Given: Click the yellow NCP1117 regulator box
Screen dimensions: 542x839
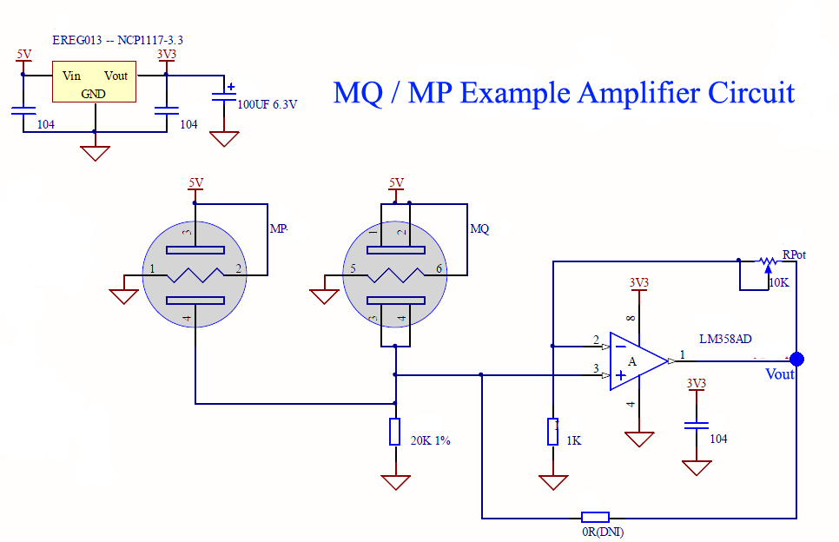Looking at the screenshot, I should click(x=93, y=83).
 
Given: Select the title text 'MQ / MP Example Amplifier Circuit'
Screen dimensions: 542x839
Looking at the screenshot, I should click(x=564, y=92).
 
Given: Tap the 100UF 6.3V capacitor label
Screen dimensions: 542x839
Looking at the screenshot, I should click(x=268, y=104).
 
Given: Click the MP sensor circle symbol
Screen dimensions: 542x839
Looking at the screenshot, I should click(x=195, y=272).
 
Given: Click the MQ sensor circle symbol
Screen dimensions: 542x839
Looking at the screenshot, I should click(x=395, y=272).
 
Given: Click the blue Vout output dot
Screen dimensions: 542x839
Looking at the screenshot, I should click(x=796, y=359).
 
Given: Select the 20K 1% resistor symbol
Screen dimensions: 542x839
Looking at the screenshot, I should click(x=395, y=432).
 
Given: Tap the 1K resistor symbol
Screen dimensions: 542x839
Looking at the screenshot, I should click(x=552, y=432).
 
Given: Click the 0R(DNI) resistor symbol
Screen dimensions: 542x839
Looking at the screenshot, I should click(x=595, y=517).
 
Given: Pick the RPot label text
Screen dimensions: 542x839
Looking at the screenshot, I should click(x=794, y=254).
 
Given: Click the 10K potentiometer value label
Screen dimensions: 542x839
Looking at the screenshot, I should click(x=779, y=282).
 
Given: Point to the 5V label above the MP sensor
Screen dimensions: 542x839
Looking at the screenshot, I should click(x=195, y=182).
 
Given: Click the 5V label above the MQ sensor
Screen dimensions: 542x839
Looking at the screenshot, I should click(x=396, y=182).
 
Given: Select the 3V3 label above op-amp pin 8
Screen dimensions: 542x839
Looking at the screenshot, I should click(x=638, y=282).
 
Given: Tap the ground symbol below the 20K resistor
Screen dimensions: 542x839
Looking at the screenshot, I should click(x=395, y=482).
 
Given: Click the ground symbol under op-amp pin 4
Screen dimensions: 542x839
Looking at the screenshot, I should click(x=639, y=439).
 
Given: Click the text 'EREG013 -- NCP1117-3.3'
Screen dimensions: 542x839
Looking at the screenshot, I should click(x=117, y=40).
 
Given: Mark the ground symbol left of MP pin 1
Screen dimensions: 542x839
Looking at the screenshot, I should click(x=124, y=295).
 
